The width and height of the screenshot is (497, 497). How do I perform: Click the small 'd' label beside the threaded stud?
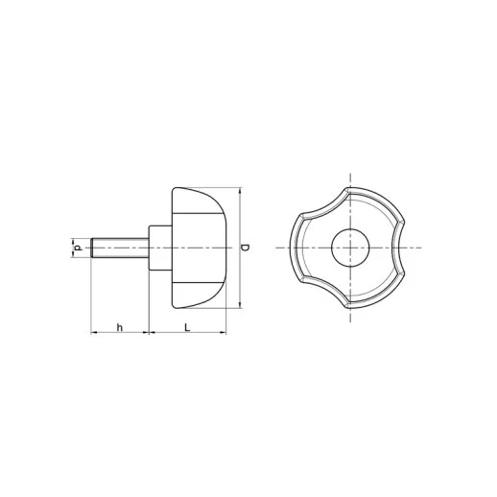pos(77,248)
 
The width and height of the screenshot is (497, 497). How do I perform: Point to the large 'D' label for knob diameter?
pos(246,248)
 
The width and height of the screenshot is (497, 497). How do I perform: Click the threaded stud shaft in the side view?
pos(121,248)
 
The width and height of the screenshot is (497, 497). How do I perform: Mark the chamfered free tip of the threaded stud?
pos(93,248)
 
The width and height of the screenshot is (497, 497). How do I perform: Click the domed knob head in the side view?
pos(199,248)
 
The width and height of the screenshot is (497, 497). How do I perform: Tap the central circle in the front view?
pos(350,248)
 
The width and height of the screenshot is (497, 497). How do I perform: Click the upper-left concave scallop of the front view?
pos(322,201)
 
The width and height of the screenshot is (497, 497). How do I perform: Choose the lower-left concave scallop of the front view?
pos(322,296)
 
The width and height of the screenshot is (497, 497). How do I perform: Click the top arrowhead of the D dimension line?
pos(237,190)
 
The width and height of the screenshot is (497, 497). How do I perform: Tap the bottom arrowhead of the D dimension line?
pos(237,307)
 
